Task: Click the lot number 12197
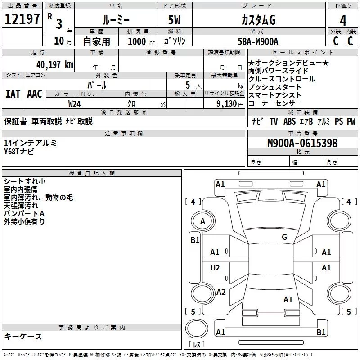[x=22, y=19]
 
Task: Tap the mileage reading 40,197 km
[x=55, y=64]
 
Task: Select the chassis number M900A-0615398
[x=302, y=144]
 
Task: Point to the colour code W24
[x=75, y=103]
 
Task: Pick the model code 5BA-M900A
[x=258, y=41]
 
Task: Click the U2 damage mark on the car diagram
[x=215, y=268]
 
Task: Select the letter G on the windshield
[x=284, y=237]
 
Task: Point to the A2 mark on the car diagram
[x=220, y=292]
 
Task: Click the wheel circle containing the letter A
[x=202, y=221]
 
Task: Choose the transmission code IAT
[x=13, y=94]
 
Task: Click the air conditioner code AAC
[x=34, y=94]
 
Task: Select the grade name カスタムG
[x=258, y=20]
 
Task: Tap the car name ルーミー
[x=116, y=20]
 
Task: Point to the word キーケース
[x=23, y=337]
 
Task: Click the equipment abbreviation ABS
[x=290, y=121]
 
